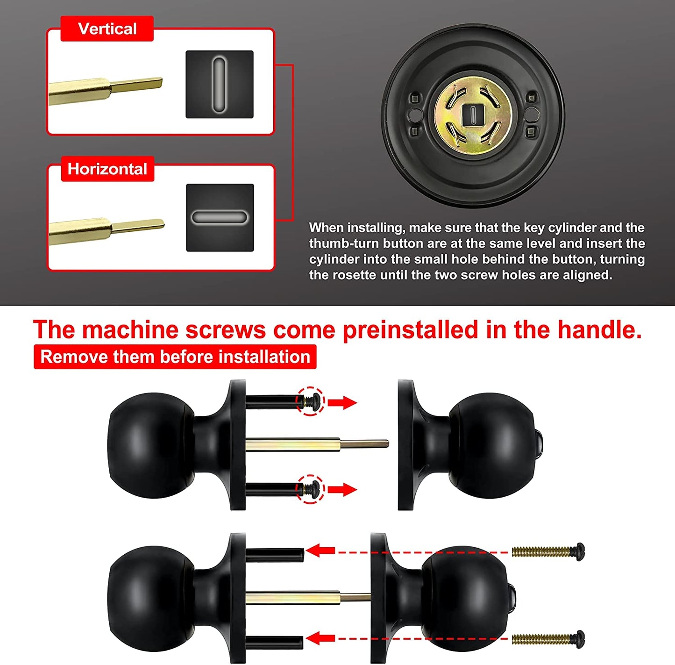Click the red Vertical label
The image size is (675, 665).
[107, 29]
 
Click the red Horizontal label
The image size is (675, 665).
[107, 169]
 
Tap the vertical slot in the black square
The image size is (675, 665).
[219, 85]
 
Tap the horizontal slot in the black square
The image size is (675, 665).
[220, 217]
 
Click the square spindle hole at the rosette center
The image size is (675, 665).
[473, 115]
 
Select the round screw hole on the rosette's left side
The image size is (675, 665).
[415, 114]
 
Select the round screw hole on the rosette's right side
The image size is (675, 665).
[532, 114]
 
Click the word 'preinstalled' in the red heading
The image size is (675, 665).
[410, 330]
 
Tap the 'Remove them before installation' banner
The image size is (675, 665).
[175, 357]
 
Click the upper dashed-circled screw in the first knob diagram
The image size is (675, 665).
[310, 401]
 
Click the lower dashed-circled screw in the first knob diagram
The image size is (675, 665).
[310, 489]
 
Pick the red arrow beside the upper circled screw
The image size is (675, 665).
[342, 402]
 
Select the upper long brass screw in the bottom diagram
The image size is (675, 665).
[548, 552]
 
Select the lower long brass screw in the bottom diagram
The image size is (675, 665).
[548, 639]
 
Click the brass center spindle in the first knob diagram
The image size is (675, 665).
[317, 444]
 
